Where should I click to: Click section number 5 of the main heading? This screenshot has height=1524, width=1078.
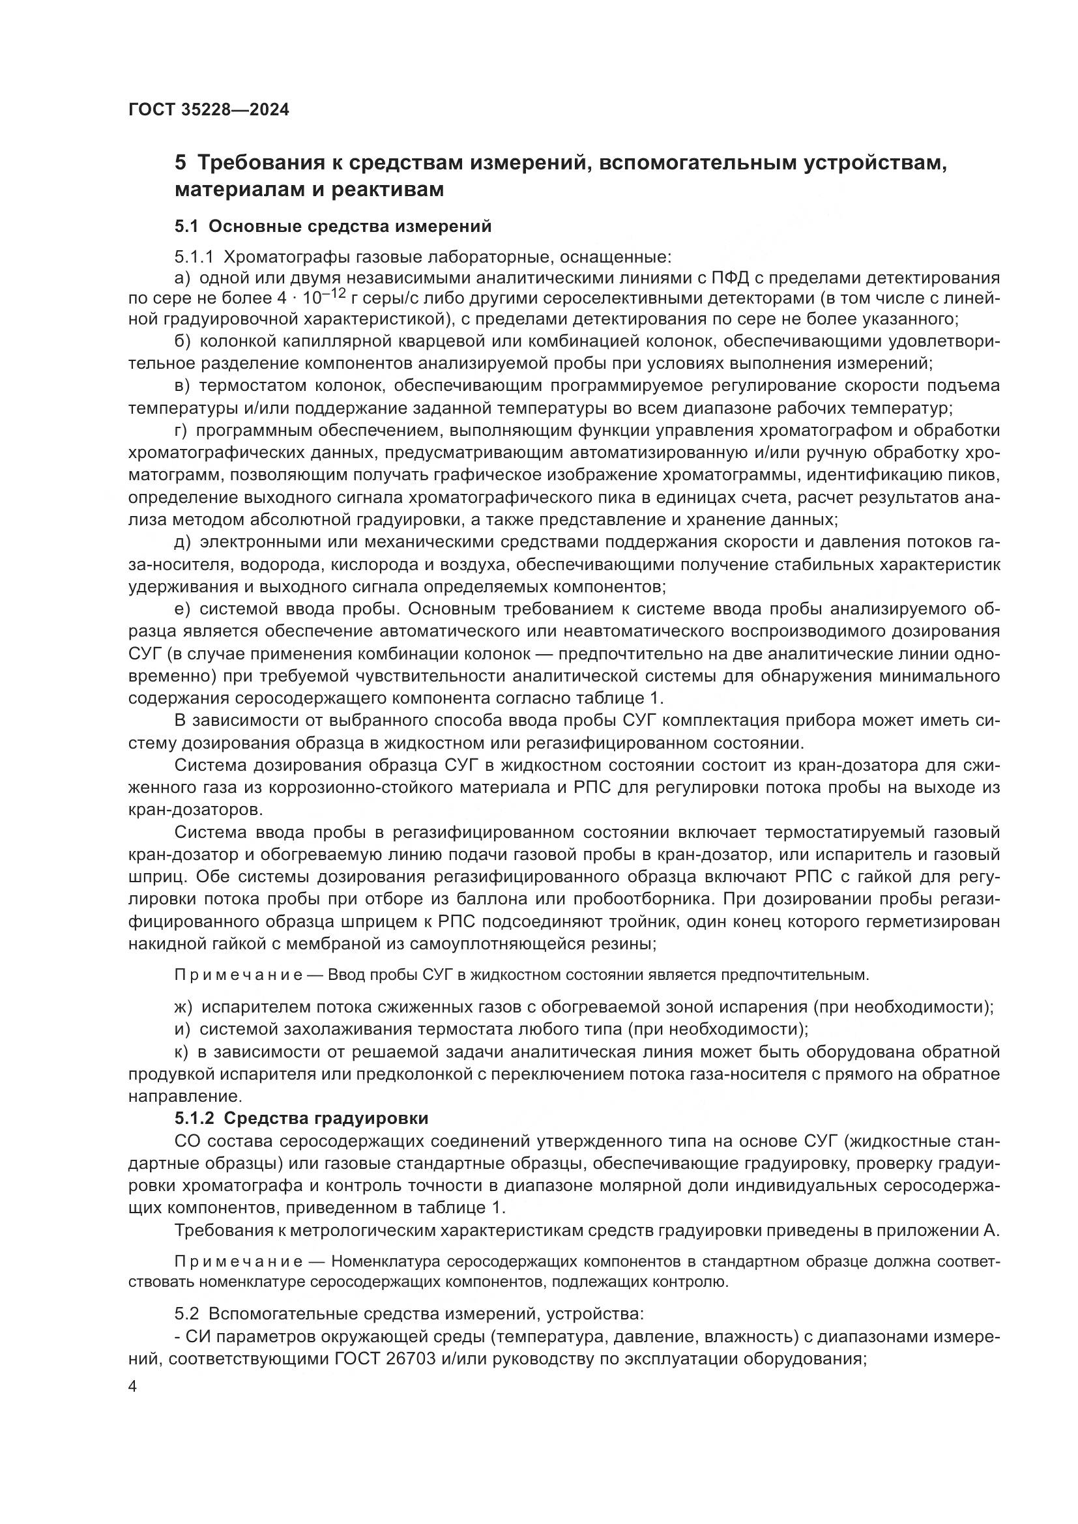[x=181, y=164]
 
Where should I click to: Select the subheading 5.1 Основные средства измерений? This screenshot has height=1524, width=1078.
[x=333, y=226]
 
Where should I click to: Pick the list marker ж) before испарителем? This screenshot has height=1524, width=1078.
[x=183, y=1007]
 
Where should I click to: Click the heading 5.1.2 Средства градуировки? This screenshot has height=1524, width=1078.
[x=301, y=1119]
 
